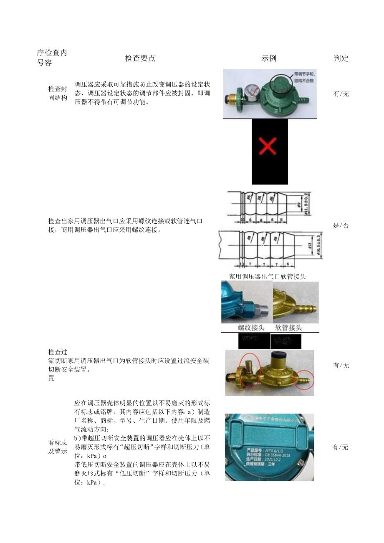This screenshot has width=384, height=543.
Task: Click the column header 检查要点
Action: pyautogui.click(x=140, y=58)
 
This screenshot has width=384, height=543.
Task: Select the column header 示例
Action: pyautogui.click(x=269, y=58)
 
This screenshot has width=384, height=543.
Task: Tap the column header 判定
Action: pyautogui.click(x=341, y=58)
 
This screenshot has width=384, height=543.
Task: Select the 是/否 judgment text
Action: pyautogui.click(x=341, y=226)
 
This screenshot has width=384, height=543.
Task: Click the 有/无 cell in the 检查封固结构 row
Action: pyautogui.click(x=341, y=94)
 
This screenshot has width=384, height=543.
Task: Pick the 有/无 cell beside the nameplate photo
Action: pyautogui.click(x=340, y=447)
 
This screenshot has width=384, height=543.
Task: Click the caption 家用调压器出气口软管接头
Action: pyautogui.click(x=268, y=276)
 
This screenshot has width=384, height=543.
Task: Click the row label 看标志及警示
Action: pyautogui.click(x=58, y=447)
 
